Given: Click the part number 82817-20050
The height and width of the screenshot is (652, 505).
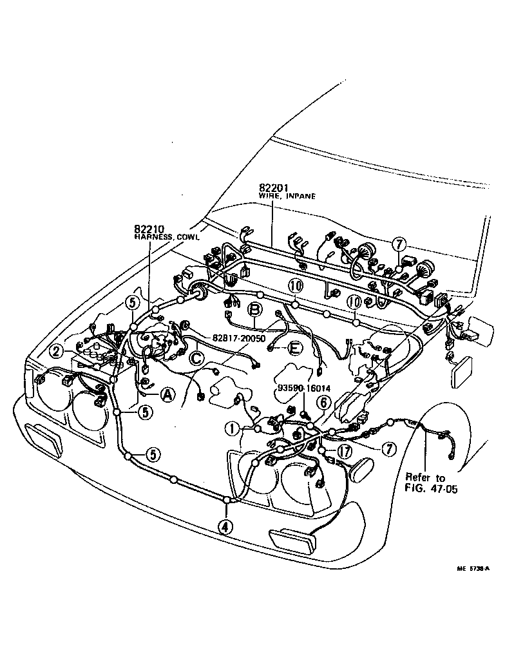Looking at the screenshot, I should click(x=239, y=338).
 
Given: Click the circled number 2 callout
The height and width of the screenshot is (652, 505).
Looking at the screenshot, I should click(x=57, y=351).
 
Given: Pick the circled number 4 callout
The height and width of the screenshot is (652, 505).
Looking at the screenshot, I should click(x=225, y=526).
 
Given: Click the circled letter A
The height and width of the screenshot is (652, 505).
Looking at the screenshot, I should click(x=167, y=395).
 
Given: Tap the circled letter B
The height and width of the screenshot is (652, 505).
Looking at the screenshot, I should click(x=255, y=309).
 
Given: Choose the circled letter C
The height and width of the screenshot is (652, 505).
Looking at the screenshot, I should click(x=197, y=356).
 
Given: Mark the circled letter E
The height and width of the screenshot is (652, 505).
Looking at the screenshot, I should click(x=295, y=348).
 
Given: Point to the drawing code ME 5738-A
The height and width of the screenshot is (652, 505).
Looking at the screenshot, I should click(x=473, y=569).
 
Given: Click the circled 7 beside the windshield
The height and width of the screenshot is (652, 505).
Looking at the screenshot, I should click(x=399, y=244).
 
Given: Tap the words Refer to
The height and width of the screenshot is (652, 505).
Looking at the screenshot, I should click(x=425, y=477).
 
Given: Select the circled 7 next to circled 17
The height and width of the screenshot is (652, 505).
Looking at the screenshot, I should click(x=388, y=450).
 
